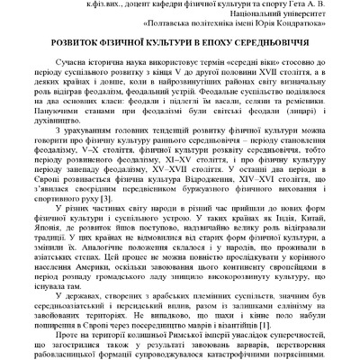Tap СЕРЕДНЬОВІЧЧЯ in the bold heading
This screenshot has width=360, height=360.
tap(281, 42)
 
